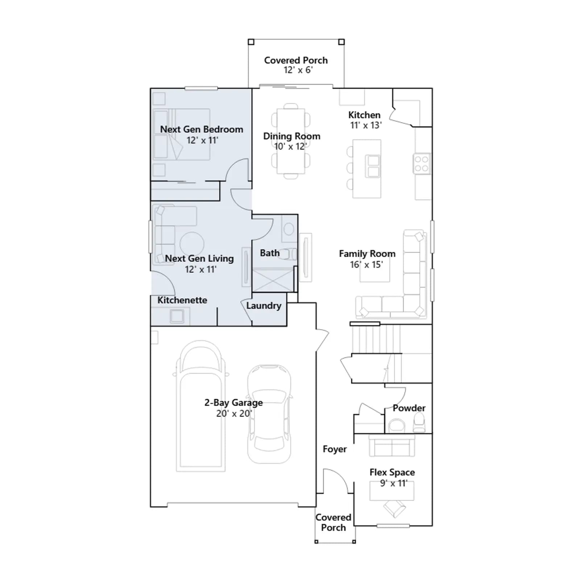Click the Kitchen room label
pyautogui.click(x=364, y=115)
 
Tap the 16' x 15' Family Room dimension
pyautogui.click(x=366, y=265)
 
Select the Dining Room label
pyautogui.click(x=292, y=136)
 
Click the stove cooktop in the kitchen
pyautogui.click(x=422, y=163)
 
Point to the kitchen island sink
pyautogui.click(x=373, y=166)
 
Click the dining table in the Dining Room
pyautogui.click(x=291, y=141)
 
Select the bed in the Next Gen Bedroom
pyautogui.click(x=182, y=134)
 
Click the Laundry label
pyautogui.click(x=264, y=306)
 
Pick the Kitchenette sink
pyautogui.click(x=177, y=316)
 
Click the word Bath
pyautogui.click(x=270, y=253)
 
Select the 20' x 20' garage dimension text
pyautogui.click(x=234, y=414)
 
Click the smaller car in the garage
pyautogui.click(x=269, y=414)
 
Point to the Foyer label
pyautogui.click(x=335, y=449)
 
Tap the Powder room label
pyautogui.click(x=409, y=408)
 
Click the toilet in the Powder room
pyautogui.click(x=419, y=423)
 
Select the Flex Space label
pyautogui.click(x=392, y=472)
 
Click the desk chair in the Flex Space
pyautogui.click(x=395, y=509)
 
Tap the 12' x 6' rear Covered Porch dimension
pyautogui.click(x=298, y=70)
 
